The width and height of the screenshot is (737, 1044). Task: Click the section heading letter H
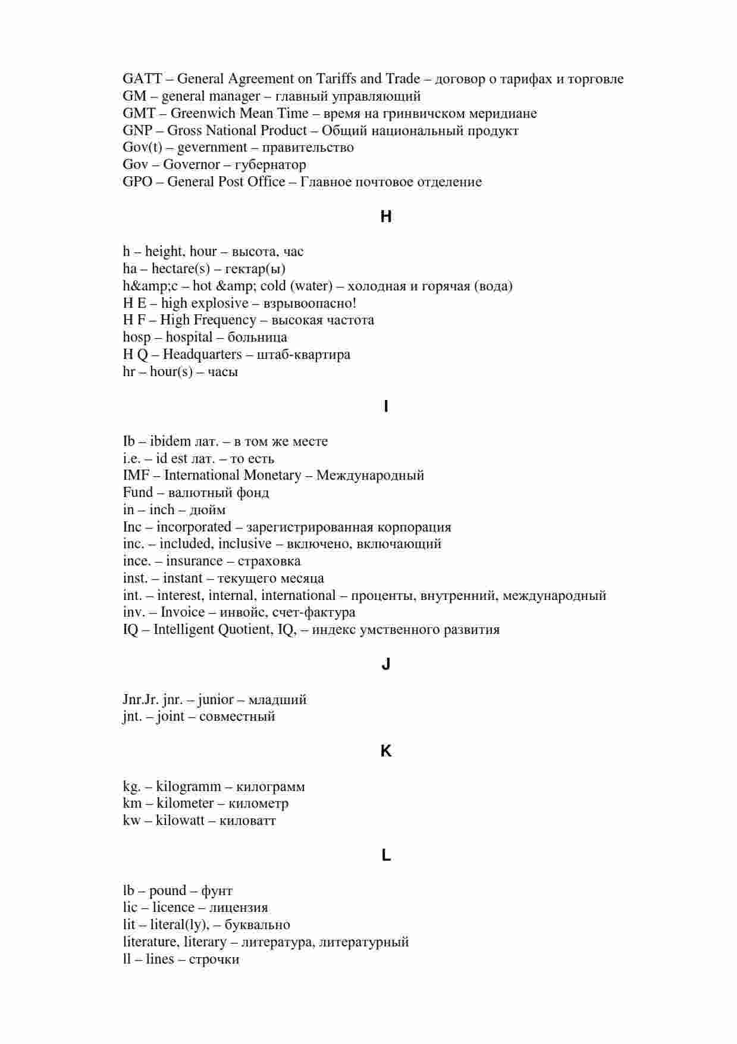click(x=386, y=217)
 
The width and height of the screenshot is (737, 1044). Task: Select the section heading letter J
click(x=386, y=664)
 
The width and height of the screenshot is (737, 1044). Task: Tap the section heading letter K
click(x=386, y=751)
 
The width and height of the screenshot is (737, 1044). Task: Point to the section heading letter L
click(x=386, y=855)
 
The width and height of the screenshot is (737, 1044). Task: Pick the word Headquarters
click(x=202, y=355)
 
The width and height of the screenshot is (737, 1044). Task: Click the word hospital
click(x=189, y=337)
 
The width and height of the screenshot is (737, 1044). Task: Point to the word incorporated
click(x=194, y=527)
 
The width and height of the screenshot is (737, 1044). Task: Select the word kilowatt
click(x=180, y=821)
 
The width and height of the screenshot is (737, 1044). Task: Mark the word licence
click(x=173, y=908)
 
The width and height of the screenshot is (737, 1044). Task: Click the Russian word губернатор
click(x=271, y=165)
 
